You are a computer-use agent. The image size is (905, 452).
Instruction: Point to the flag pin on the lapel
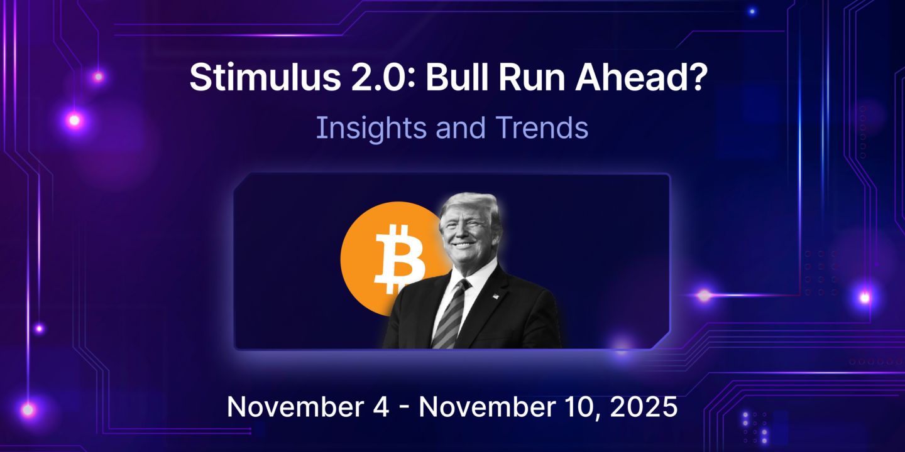(x=495, y=297)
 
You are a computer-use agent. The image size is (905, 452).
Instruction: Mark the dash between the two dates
(x=403, y=408)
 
